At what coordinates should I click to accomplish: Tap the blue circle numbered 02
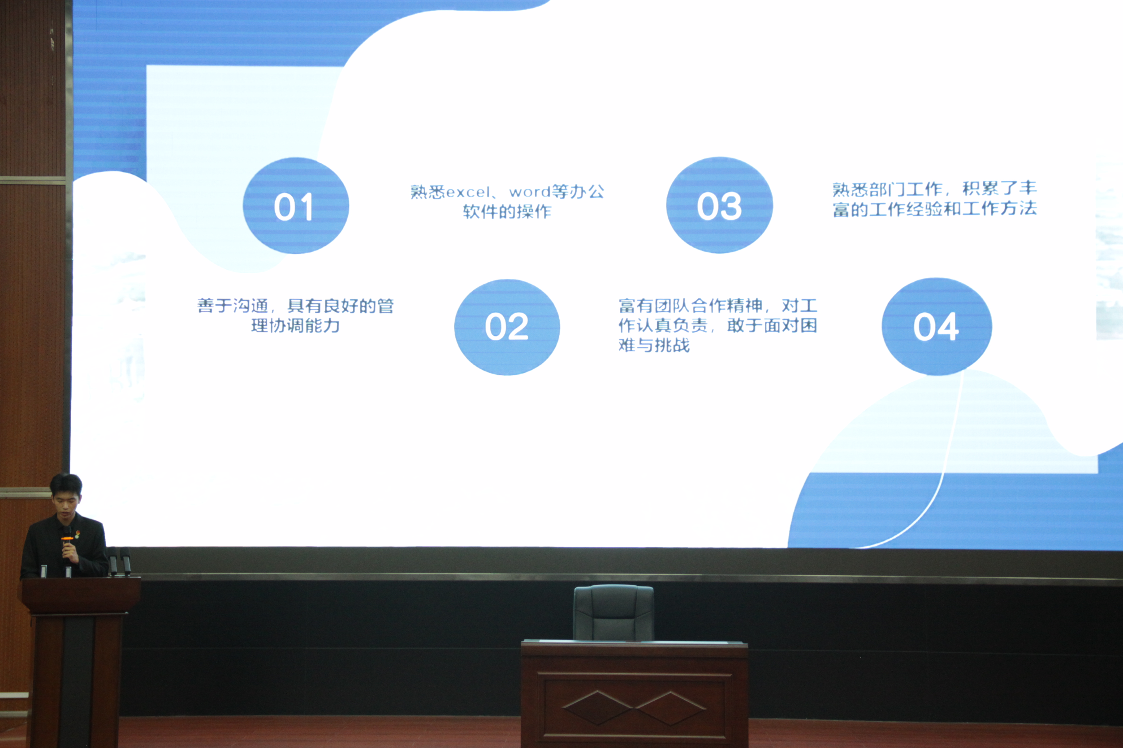pyautogui.click(x=507, y=327)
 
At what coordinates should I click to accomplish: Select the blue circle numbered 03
pyautogui.click(x=720, y=205)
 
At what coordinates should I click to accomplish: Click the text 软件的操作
pyautogui.click(x=507, y=211)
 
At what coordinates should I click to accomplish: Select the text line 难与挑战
pyautogui.click(x=654, y=345)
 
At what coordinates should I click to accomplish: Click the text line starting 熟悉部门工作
pyautogui.click(x=934, y=189)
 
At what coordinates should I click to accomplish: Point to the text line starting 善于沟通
pyautogui.click(x=296, y=306)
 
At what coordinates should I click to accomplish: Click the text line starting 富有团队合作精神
pyautogui.click(x=718, y=305)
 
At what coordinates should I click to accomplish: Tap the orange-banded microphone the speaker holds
pyautogui.click(x=67, y=544)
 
